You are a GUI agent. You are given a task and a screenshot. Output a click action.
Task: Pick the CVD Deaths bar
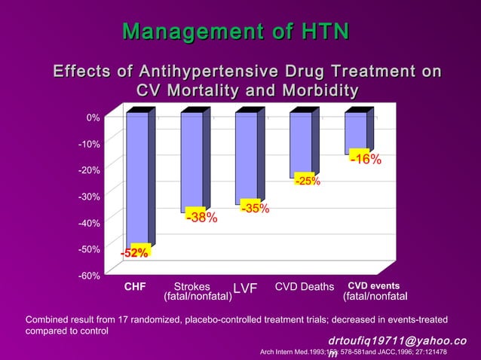click(301, 143)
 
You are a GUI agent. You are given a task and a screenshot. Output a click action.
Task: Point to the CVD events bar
click(356, 133)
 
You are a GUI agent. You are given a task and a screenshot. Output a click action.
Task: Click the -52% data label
click(136, 253)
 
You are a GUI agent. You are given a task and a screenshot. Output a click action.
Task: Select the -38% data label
click(201, 218)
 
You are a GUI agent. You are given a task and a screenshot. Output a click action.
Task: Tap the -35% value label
click(255, 208)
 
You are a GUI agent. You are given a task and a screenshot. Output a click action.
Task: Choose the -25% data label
click(307, 181)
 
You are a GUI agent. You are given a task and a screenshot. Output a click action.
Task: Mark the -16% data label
click(365, 159)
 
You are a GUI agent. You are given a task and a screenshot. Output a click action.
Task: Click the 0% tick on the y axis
click(93, 117)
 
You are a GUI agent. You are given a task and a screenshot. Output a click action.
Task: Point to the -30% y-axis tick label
click(90, 197)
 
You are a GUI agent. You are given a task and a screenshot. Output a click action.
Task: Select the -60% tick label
click(90, 276)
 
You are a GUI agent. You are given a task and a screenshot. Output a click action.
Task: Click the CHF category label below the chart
click(135, 286)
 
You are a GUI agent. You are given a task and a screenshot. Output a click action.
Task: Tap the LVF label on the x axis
click(245, 289)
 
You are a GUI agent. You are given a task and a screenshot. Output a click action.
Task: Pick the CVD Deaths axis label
click(304, 286)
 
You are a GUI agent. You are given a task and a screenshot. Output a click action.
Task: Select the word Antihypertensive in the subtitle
click(211, 72)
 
